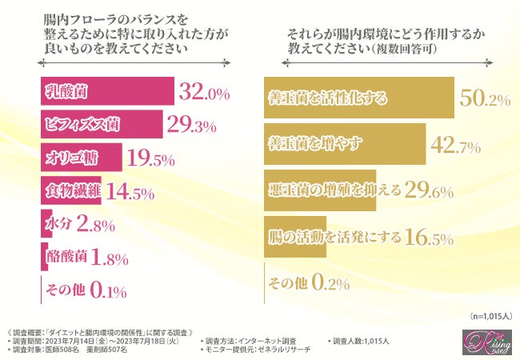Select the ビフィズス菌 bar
click(x=100, y=125)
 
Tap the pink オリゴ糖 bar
click(x=80, y=158)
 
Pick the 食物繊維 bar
click(x=70, y=191)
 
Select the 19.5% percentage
click(x=151, y=158)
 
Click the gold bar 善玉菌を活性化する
click(x=358, y=98)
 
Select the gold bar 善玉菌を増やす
click(x=344, y=144)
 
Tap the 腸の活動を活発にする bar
click(x=296, y=237)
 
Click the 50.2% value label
click(x=486, y=98)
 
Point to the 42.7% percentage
click(x=455, y=145)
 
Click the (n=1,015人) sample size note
click(x=487, y=316)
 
